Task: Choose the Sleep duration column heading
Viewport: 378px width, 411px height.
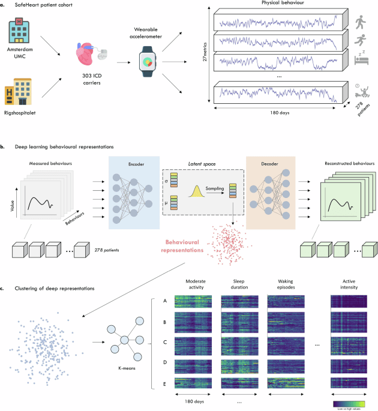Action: tap(234, 284)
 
